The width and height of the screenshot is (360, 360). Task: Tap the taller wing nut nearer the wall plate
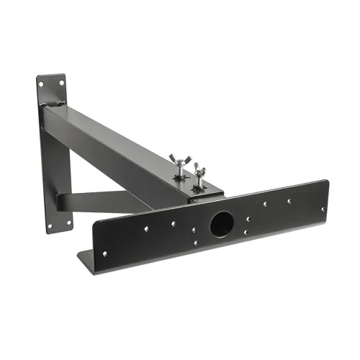(x=176, y=159)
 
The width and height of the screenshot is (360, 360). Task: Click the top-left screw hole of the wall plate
(x=41, y=84)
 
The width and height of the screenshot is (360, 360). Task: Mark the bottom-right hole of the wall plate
(x=68, y=222)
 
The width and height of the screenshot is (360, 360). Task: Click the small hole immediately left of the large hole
(x=193, y=230)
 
